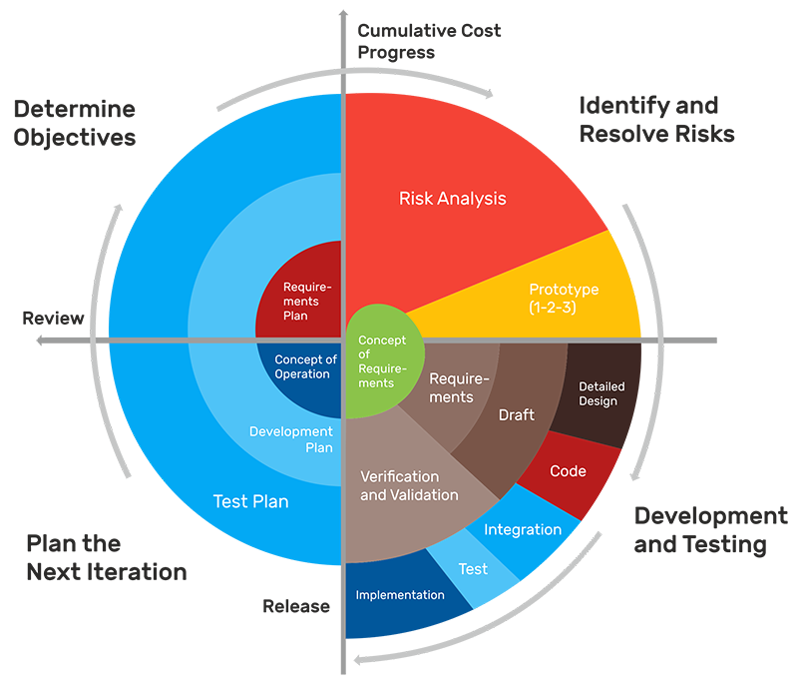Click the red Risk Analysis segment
pos(453,199)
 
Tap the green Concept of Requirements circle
pos(382,360)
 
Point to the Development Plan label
pos(290,439)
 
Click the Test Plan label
pos(250,501)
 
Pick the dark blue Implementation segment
pos(400,596)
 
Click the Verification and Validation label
pos(409,485)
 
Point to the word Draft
pos(516,414)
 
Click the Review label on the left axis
pos(53,318)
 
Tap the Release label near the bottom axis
pos(296,606)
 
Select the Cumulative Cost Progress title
pos(429,41)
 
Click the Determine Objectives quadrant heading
pos(75,123)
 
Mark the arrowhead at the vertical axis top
pos(343,12)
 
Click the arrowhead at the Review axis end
pos(40,340)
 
